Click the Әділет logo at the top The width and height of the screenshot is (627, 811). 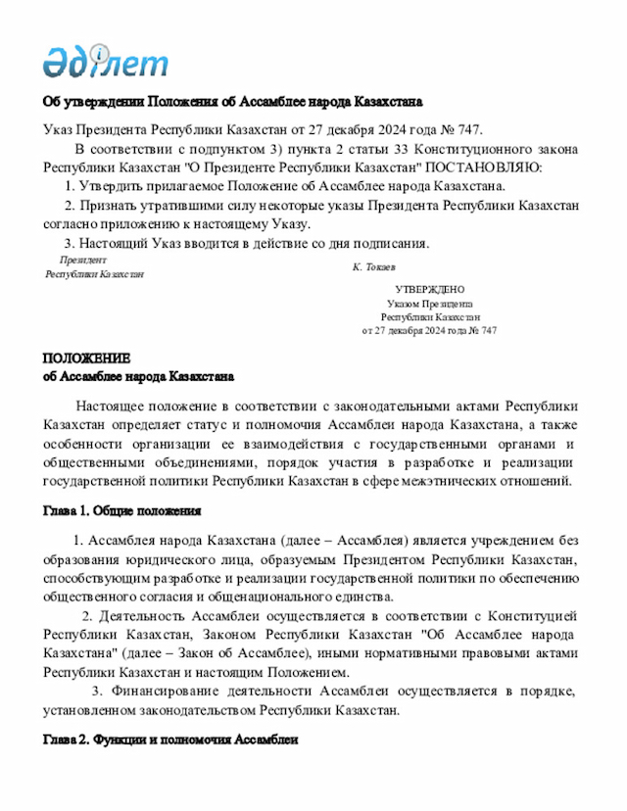pos(105,62)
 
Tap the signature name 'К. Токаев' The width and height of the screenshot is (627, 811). pos(374,266)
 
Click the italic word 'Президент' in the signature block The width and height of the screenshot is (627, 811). pos(83,260)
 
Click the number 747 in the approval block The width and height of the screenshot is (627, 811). pos(487,331)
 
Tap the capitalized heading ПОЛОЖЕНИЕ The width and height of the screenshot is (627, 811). pos(86,358)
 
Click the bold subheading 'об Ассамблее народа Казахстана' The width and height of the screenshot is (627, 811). pos(138,375)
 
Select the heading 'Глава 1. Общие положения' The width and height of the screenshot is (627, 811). pos(122,511)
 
